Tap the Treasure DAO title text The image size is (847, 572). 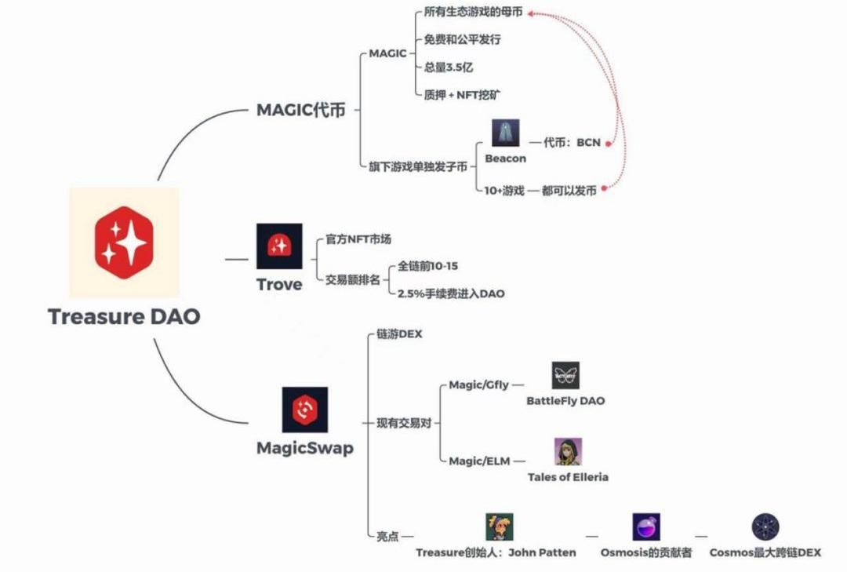tap(124, 317)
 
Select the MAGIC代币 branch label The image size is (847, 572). tap(300, 110)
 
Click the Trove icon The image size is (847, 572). tap(278, 246)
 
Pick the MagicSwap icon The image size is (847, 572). tap(304, 410)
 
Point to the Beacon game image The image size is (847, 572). tap(506, 133)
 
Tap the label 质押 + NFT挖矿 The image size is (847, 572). tap(463, 95)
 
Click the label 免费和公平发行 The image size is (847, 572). tap(462, 39)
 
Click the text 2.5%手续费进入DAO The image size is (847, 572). tap(451, 293)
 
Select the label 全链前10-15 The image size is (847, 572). tap(428, 267)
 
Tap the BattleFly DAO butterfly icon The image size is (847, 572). tap(565, 376)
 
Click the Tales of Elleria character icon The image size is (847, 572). tap(568, 452)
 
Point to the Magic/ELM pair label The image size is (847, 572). tap(480, 461)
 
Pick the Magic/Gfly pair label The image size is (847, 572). tap(478, 385)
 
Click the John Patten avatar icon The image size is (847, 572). tap(499, 527)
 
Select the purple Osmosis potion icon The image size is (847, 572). tap(646, 527)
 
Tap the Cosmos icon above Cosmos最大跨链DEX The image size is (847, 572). tap(765, 527)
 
